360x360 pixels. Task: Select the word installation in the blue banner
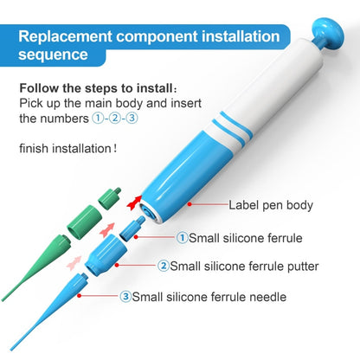click(x=237, y=37)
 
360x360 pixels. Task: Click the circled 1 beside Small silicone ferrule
click(x=183, y=236)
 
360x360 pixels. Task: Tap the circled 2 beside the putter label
click(x=164, y=266)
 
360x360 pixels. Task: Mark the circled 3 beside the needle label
click(x=125, y=296)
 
